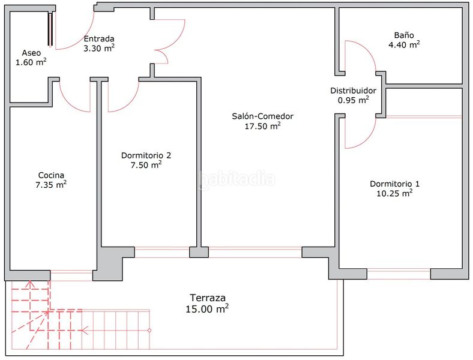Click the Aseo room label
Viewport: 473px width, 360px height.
pos(31,53)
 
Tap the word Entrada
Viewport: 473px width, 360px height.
pos(99,38)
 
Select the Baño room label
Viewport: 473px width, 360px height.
pos(404,35)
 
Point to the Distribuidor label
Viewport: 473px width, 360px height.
pos(353,91)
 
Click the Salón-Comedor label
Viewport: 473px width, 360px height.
pos(262,116)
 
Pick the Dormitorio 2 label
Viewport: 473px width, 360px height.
pos(146,155)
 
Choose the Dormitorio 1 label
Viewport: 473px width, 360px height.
pos(394,184)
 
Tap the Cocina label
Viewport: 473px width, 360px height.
pos(51,175)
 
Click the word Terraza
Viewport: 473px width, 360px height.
pos(208,298)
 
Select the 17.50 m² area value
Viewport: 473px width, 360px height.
pos(262,126)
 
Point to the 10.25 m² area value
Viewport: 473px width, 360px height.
pos(394,193)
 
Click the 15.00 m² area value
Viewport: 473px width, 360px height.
pos(207,308)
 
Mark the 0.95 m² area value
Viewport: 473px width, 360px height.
pos(353,100)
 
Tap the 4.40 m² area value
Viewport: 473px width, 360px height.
pos(404,44)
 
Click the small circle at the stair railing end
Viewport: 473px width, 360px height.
pos(149,331)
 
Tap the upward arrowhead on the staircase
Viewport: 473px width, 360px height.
pos(30,283)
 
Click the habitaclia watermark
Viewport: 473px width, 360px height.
pos(237,180)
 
